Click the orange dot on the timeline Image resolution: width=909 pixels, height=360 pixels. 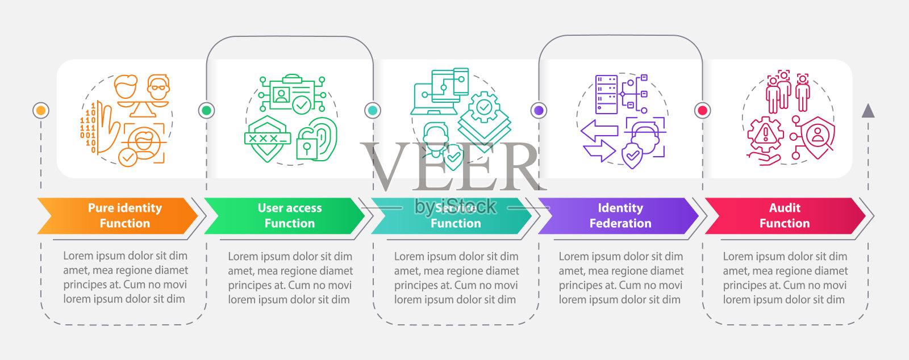[41, 110]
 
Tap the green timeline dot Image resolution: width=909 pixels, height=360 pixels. [206, 110]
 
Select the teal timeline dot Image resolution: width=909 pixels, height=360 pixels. [373, 110]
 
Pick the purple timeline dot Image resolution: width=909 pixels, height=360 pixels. [539, 110]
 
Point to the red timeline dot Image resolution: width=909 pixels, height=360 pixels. [703, 110]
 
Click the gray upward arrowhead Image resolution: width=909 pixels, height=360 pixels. [868, 111]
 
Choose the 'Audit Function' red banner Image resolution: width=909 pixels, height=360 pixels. [784, 216]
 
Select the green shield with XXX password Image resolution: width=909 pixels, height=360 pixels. [267, 139]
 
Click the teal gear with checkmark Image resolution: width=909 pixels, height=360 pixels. [484, 107]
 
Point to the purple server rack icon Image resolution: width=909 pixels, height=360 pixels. [606, 94]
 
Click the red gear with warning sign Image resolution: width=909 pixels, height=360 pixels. [765, 135]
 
